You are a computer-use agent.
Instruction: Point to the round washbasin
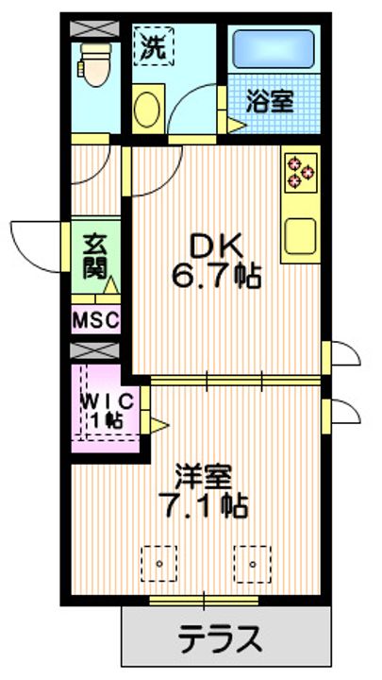149,110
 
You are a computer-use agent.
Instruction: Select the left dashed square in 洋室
159,564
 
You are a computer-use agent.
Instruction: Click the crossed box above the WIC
94,351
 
